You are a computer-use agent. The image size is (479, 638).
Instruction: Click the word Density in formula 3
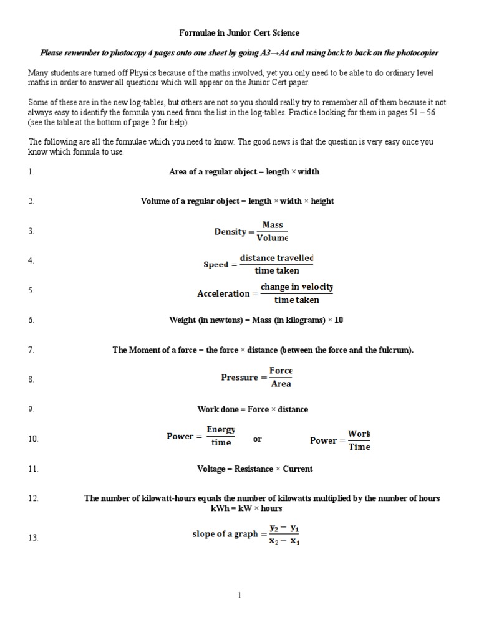pos(230,232)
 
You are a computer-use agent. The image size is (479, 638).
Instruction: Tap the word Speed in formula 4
pos(216,265)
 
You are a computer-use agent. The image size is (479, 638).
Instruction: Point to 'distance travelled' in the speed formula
pos(276,258)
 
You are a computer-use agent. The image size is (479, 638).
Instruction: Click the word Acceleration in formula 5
pos(223,294)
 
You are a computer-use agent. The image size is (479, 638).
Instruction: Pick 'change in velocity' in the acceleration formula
pos(296,287)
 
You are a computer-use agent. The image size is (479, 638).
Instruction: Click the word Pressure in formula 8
pos(239,378)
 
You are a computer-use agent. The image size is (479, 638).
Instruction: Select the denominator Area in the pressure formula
pos(281,384)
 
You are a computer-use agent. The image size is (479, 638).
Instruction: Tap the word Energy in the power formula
pos(221,430)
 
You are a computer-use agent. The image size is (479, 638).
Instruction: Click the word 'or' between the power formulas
pos(258,439)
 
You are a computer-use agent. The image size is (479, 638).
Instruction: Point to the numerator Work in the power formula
pos(359,434)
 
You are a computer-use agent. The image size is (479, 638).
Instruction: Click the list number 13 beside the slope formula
pos(33,538)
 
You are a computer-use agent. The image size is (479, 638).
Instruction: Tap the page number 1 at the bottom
pos(239,596)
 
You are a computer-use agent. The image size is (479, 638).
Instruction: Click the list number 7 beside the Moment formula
pos(31,351)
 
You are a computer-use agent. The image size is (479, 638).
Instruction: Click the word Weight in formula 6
pos(182,321)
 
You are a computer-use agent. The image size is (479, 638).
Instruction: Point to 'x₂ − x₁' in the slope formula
pos(284,541)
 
